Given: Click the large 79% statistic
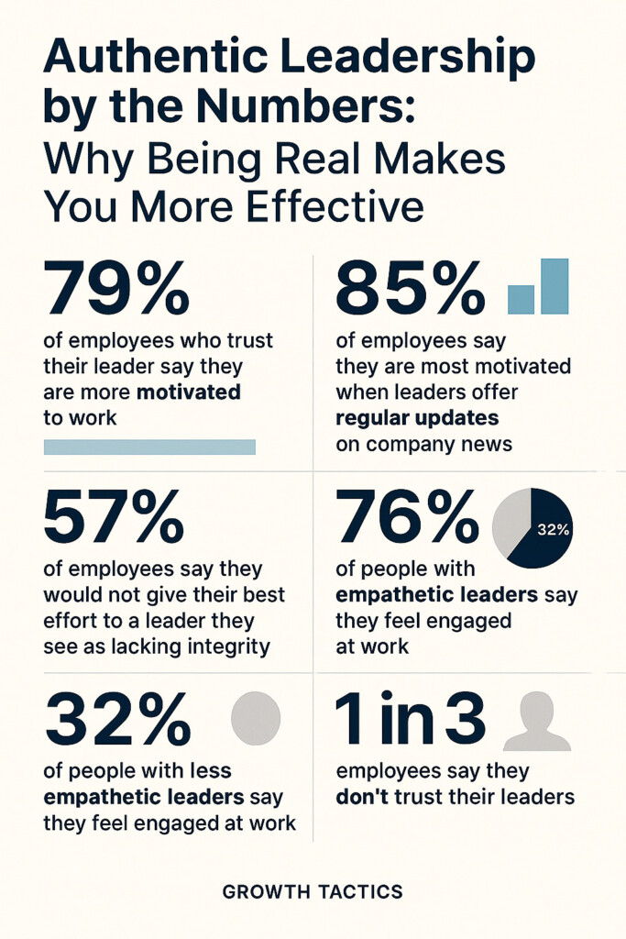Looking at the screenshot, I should pyautogui.click(x=116, y=288).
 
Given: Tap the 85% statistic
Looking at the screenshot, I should pyautogui.click(x=410, y=288).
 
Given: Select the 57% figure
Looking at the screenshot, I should pyautogui.click(x=113, y=517).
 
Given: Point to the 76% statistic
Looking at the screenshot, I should pyautogui.click(x=408, y=517).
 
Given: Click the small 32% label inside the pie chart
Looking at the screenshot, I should pyautogui.click(x=553, y=529).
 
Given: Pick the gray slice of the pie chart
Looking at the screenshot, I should pyautogui.click(x=511, y=523).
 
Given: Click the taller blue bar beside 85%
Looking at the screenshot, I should pyautogui.click(x=554, y=286).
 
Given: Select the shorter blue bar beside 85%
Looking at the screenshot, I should pyautogui.click(x=521, y=300).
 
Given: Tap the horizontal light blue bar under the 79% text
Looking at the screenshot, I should pyautogui.click(x=149, y=447).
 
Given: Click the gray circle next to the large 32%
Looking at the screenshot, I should pyautogui.click(x=256, y=717).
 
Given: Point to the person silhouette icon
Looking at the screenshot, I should pyautogui.click(x=536, y=722).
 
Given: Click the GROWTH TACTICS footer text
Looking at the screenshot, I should pyautogui.click(x=313, y=891).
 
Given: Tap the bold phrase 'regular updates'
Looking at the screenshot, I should pyautogui.click(x=417, y=418).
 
